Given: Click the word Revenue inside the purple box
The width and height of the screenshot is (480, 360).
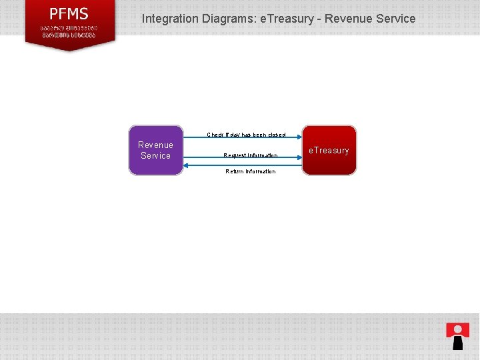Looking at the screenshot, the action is pyautogui.click(x=155, y=145).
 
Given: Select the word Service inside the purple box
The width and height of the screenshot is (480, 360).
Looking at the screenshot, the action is pyautogui.click(x=155, y=155).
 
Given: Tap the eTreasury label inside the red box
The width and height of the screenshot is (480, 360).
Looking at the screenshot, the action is pyautogui.click(x=329, y=151).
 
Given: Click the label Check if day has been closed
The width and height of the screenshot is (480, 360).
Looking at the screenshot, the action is pyautogui.click(x=246, y=135).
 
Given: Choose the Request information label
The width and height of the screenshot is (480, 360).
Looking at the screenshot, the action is pyautogui.click(x=250, y=155).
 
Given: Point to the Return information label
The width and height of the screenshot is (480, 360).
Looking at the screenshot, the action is pyautogui.click(x=250, y=171).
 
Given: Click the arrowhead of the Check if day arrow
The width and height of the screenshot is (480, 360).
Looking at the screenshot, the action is pyautogui.click(x=299, y=139).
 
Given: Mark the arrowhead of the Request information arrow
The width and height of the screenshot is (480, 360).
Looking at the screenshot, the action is pyautogui.click(x=299, y=159).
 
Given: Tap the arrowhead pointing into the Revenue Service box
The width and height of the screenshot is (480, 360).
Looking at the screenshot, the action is pyautogui.click(x=186, y=165).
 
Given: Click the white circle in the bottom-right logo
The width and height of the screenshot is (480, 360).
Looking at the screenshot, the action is pyautogui.click(x=458, y=328).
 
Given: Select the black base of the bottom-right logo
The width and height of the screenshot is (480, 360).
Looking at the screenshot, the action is pyautogui.click(x=458, y=343).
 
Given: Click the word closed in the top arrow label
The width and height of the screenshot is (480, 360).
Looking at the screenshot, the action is pyautogui.click(x=277, y=135).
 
